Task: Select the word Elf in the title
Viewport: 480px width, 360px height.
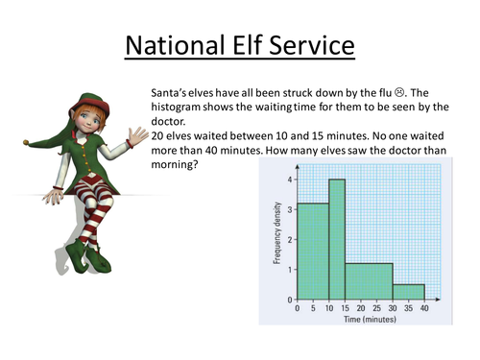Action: coord(262,45)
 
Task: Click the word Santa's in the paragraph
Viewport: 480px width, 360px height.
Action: coord(172,90)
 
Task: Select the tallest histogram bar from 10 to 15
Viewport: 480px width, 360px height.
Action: coord(336,240)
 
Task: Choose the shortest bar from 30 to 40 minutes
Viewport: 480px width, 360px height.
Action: coord(408,292)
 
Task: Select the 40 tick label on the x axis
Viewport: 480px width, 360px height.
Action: coord(423,311)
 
